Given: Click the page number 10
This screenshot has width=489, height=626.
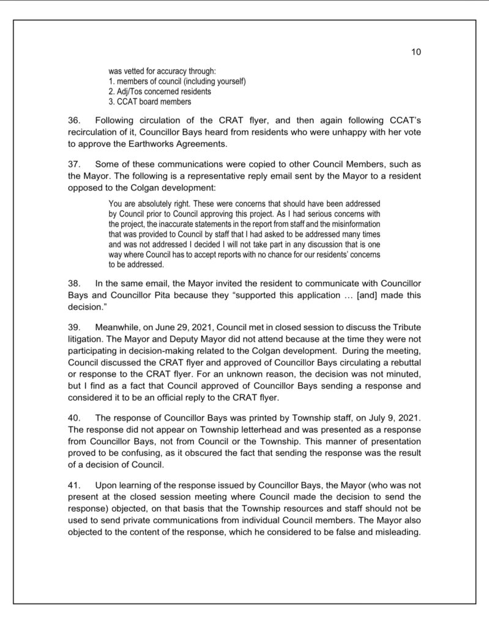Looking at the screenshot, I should click(x=416, y=53).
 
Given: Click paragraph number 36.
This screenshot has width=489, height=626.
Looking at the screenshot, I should click(x=74, y=120).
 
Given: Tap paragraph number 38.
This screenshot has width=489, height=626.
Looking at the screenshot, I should click(x=74, y=284).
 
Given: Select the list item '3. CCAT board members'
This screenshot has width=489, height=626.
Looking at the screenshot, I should click(x=149, y=101).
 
